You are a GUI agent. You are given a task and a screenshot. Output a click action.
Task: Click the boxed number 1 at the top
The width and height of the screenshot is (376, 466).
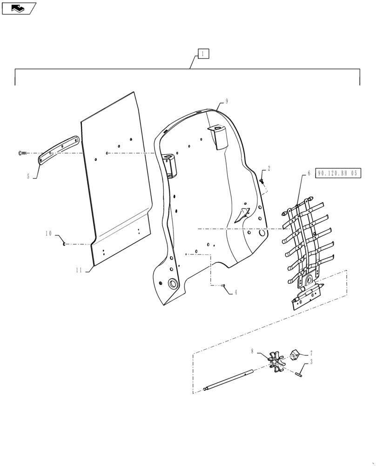click(203, 54)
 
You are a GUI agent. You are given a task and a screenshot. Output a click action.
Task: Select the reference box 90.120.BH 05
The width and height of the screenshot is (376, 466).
click(338, 173)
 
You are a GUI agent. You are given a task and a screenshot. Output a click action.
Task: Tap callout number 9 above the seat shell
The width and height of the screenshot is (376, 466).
click(227, 101)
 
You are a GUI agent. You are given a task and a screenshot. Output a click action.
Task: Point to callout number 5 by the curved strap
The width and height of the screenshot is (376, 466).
click(28, 176)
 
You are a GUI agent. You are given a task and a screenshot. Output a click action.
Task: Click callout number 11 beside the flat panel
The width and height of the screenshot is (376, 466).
click(79, 270)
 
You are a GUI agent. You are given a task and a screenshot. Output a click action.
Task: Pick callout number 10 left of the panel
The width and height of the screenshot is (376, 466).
click(48, 233)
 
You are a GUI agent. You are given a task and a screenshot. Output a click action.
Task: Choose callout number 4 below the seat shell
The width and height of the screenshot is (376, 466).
click(235, 293)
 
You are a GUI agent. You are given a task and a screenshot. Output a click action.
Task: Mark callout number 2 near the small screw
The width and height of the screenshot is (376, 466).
click(269, 168)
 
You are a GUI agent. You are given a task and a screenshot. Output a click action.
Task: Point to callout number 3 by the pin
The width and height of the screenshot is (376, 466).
click(311, 362)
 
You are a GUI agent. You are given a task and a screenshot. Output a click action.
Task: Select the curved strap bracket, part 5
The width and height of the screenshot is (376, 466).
click(58, 149)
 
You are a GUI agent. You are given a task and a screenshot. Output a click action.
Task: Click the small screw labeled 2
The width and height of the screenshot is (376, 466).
click(262, 180)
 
